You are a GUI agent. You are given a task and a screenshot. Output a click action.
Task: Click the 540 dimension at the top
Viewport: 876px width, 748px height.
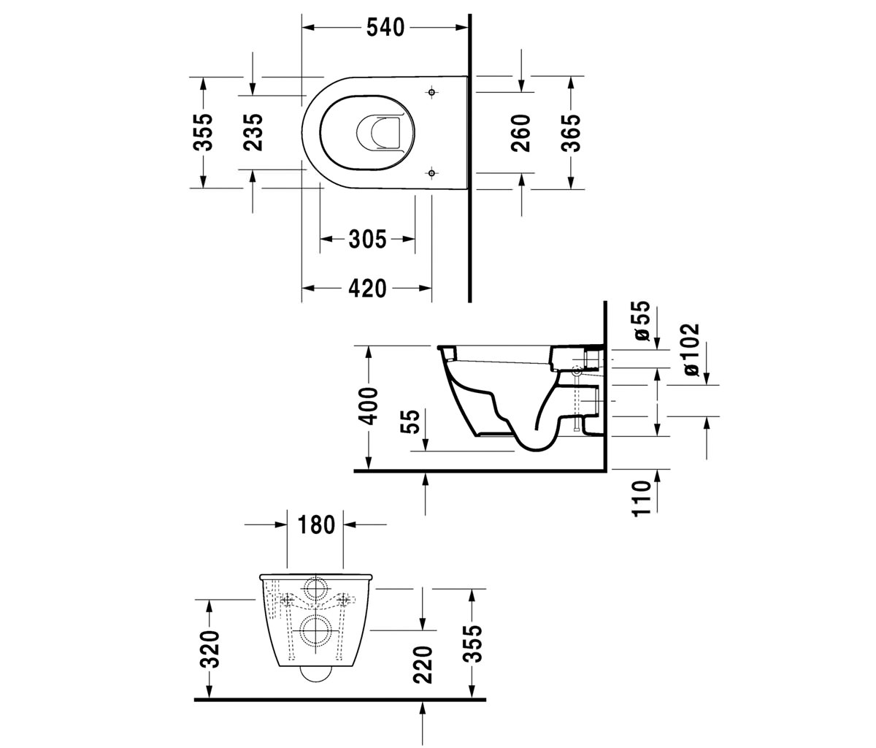[385, 28]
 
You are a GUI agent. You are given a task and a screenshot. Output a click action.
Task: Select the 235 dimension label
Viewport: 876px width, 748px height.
[253, 132]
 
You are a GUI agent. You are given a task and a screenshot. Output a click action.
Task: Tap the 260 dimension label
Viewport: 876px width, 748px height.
[520, 133]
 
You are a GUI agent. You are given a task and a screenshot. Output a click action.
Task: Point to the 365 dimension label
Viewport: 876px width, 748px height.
[571, 133]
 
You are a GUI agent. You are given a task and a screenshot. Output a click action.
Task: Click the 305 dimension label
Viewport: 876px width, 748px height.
[367, 239]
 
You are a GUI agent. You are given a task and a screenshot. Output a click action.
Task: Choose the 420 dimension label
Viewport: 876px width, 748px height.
[367, 289]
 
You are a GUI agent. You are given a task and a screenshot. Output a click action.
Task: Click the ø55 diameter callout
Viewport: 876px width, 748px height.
[642, 321]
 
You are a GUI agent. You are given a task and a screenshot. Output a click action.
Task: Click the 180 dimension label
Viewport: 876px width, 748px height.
[316, 524]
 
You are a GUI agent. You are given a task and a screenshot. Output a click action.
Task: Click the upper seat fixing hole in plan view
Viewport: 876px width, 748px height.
[431, 93]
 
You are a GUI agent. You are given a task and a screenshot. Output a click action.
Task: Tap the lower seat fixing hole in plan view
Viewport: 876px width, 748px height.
[431, 172]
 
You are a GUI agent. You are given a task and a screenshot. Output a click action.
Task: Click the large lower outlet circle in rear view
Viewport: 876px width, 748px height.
[315, 630]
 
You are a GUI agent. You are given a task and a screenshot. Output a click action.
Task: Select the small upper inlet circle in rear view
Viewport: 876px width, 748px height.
[315, 588]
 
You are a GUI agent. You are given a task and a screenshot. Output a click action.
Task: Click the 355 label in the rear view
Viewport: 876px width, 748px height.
[472, 644]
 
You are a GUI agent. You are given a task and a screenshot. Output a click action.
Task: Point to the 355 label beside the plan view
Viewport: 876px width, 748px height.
[203, 132]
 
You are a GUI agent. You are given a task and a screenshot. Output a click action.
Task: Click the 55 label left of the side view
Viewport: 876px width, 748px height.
[410, 421]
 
